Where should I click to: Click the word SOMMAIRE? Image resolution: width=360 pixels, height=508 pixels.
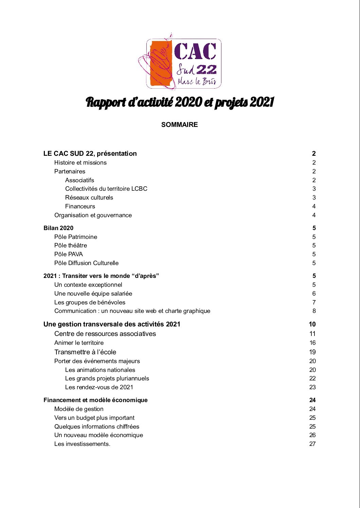point(179,125)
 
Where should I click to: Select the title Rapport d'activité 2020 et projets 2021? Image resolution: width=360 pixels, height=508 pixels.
point(180,102)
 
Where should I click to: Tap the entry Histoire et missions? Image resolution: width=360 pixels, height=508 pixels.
point(80,163)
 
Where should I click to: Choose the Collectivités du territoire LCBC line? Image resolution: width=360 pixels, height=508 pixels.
point(106,189)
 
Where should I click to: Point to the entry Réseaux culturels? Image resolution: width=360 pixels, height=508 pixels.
point(89,197)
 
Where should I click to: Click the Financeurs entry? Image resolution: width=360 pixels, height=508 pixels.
point(80,206)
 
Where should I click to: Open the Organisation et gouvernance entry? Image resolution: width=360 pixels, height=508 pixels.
point(93,215)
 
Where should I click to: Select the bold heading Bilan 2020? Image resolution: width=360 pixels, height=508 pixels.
point(58,228)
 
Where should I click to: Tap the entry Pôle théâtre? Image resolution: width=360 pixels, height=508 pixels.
point(71,245)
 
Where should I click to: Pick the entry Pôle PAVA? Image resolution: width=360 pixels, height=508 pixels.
point(69,254)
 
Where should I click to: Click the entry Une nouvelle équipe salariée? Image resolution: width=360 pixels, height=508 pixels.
point(93,294)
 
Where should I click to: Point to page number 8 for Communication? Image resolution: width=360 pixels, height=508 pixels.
point(314,311)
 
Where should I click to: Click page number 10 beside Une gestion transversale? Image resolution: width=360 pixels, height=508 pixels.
point(312,324)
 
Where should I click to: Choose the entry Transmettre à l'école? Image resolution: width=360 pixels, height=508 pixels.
point(85,352)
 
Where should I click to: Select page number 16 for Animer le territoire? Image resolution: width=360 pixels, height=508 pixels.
point(312,343)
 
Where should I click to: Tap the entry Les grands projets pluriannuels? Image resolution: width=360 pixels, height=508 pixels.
point(107,378)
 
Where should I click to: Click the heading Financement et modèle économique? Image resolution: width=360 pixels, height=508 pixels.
point(95,400)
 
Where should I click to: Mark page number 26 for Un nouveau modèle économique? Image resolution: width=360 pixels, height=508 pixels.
point(312,435)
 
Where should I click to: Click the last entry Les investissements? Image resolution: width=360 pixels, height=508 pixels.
point(82,444)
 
